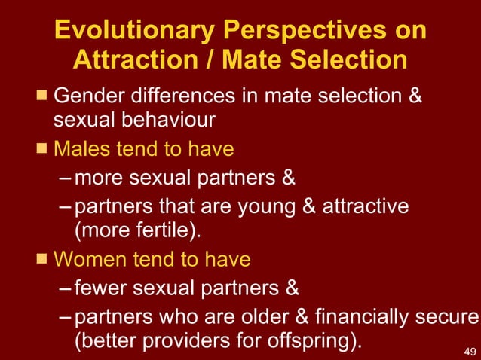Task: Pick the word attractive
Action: (x=366, y=205)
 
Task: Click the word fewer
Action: (x=104, y=288)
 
